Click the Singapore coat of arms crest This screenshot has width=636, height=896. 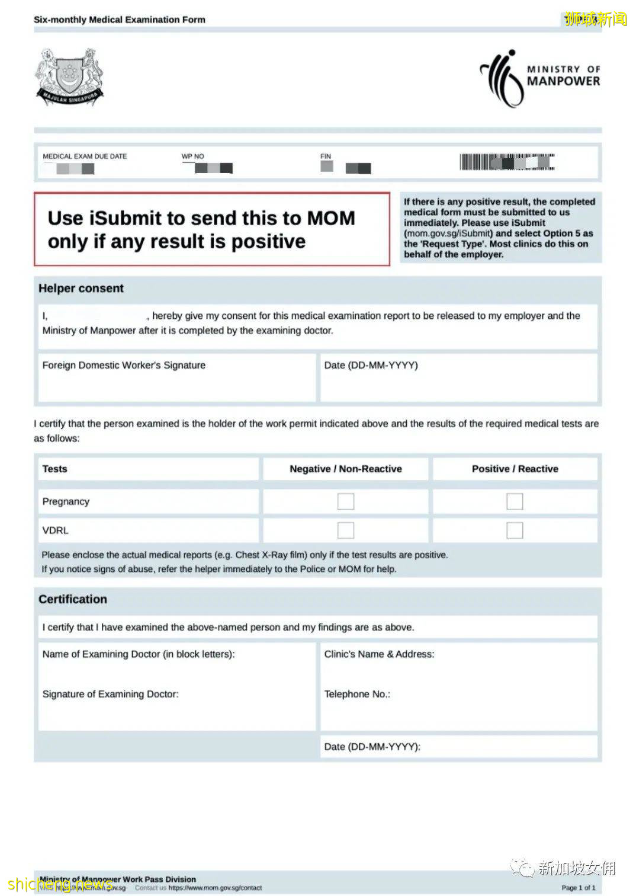[x=69, y=77]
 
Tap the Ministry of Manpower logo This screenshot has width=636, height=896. [x=539, y=77]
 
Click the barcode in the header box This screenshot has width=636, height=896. [x=507, y=162]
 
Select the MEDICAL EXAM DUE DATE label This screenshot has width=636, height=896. [x=85, y=156]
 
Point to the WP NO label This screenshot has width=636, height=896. [x=192, y=156]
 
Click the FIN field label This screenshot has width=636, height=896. [x=326, y=156]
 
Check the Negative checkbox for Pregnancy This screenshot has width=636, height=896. [x=346, y=501]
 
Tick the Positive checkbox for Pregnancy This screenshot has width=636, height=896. [x=515, y=501]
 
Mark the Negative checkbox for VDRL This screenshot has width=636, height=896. [x=346, y=530]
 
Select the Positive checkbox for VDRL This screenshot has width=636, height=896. [x=515, y=530]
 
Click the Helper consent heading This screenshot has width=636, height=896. [x=81, y=289]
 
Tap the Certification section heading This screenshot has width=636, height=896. [x=73, y=599]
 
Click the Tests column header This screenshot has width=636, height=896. [x=54, y=469]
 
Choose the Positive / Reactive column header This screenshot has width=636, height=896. [x=515, y=469]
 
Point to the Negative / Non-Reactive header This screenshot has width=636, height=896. [x=346, y=469]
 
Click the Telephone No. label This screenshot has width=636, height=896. [x=357, y=694]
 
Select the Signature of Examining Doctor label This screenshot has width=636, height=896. [x=110, y=694]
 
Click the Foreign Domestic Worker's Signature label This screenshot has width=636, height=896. [x=124, y=365]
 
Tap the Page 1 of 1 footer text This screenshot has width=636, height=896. [x=578, y=887]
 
